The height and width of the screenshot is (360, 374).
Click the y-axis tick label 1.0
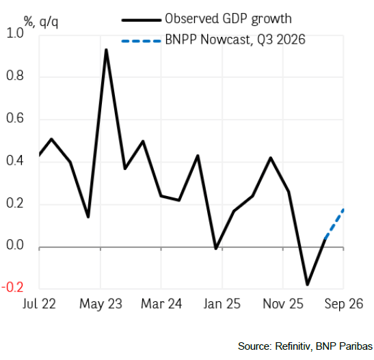click(x=15, y=33)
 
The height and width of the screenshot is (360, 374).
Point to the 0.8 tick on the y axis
click(x=15, y=76)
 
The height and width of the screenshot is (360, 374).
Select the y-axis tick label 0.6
click(x=15, y=118)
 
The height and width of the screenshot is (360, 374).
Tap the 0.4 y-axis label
click(x=15, y=161)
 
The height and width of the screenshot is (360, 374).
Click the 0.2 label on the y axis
click(x=15, y=204)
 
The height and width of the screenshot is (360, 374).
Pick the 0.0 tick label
click(x=15, y=245)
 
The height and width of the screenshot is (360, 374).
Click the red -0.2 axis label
click(x=12, y=288)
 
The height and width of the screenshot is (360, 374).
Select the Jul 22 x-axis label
click(x=39, y=304)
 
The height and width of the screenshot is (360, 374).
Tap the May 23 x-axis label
click(x=101, y=305)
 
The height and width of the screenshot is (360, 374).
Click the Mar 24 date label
click(x=161, y=304)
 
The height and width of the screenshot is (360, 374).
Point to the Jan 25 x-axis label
click(x=222, y=304)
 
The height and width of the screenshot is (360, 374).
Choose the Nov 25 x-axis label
click(x=283, y=304)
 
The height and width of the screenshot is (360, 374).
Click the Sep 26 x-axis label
click(x=344, y=305)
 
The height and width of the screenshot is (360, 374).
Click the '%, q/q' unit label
click(x=41, y=22)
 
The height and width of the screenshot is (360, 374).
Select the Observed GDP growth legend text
click(x=228, y=19)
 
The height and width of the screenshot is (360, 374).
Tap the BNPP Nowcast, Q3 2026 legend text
click(x=235, y=40)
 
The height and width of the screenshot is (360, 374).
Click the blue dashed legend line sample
click(x=142, y=41)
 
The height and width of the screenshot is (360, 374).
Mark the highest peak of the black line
click(x=106, y=50)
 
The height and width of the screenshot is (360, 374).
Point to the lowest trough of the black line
click(x=307, y=284)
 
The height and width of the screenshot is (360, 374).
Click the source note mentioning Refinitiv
click(x=306, y=346)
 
